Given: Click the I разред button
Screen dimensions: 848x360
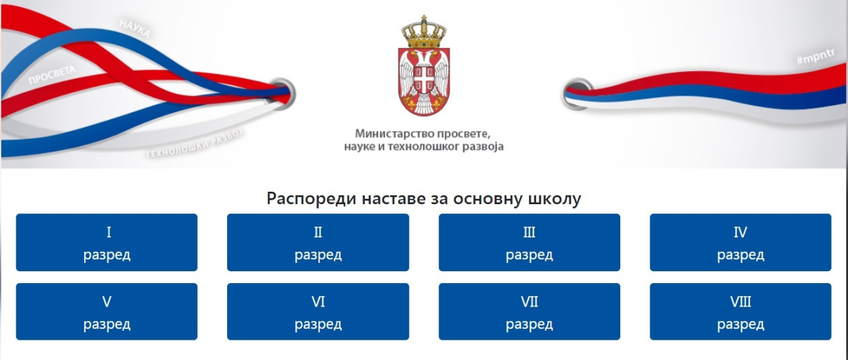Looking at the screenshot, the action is click(x=107, y=242).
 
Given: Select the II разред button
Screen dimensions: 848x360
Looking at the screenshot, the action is click(x=318, y=242).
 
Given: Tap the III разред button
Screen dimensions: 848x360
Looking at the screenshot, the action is click(x=529, y=242).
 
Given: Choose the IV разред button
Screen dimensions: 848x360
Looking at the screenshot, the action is click(x=740, y=242).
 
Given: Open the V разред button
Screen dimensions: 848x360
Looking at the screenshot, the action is click(x=107, y=312).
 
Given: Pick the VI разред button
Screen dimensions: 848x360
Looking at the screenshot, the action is click(x=318, y=312).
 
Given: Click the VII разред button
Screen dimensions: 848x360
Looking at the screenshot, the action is click(x=529, y=312).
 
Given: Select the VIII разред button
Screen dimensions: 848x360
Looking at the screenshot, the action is click(x=740, y=312).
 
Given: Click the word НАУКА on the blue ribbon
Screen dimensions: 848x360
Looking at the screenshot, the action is click(x=135, y=29).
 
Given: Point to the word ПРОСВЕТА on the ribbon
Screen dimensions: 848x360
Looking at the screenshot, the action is click(x=52, y=74).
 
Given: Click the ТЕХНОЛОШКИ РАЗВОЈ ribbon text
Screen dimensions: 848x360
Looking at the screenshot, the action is click(x=194, y=144).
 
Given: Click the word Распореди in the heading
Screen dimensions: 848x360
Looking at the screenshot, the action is click(x=311, y=199).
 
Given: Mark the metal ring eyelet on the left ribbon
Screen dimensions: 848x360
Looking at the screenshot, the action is click(x=282, y=94).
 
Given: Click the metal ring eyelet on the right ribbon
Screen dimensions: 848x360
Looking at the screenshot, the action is click(x=575, y=94).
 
